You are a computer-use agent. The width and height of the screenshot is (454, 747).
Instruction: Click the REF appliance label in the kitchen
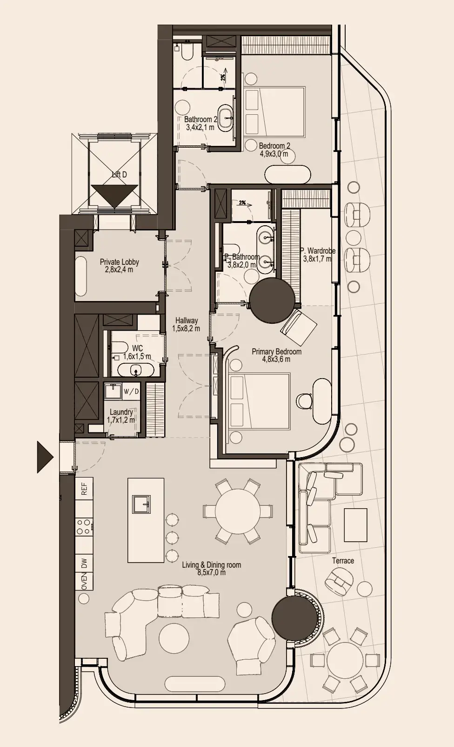84,489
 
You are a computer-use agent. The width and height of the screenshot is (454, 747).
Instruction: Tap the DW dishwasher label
84,563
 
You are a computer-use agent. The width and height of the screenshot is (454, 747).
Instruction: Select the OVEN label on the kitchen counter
84,581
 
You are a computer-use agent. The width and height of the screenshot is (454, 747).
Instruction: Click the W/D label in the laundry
131,391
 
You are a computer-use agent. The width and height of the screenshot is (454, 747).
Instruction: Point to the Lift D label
119,175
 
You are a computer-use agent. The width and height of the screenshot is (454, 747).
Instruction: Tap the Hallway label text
187,321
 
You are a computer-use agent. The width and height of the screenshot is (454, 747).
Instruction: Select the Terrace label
343,561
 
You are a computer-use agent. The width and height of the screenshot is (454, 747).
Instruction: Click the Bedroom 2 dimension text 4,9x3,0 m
274,154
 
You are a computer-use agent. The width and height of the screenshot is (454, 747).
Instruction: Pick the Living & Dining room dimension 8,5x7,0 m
211,573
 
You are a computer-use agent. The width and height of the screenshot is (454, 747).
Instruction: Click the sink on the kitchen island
141,504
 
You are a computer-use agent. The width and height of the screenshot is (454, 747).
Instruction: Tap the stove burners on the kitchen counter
84,526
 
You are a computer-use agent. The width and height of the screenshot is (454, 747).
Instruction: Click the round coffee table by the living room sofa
174,638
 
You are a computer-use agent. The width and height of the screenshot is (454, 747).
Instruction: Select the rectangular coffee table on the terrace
355,525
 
